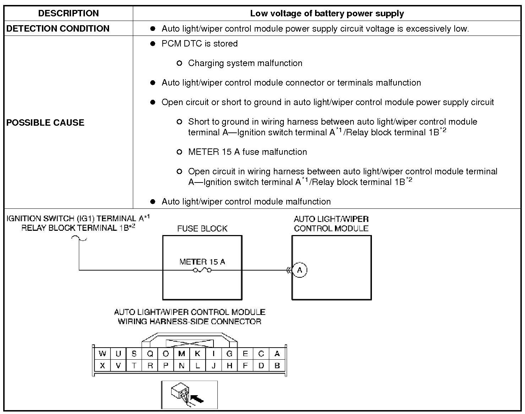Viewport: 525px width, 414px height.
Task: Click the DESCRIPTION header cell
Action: pos(68,13)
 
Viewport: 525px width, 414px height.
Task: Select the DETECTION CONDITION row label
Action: pos(58,29)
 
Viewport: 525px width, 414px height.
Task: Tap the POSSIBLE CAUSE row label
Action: pos(45,122)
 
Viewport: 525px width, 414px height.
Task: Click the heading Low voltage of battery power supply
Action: pos(327,13)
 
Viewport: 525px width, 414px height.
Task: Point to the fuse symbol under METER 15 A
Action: pos(202,270)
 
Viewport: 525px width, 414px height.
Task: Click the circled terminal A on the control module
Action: pos(299,270)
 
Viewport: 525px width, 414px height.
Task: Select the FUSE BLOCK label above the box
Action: pos(202,228)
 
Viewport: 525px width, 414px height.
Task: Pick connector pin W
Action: pos(102,354)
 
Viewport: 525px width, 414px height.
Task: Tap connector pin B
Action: pos(277,365)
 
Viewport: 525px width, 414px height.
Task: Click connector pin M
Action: pos(182,354)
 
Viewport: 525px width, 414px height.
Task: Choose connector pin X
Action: pos(102,365)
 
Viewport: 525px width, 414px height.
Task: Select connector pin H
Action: pos(229,365)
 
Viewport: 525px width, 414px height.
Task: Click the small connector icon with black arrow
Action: pos(189,395)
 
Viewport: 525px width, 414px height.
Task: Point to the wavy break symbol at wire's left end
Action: pos(79,238)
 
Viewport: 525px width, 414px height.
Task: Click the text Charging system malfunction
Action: pos(245,63)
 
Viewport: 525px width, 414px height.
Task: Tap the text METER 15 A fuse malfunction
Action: pos(248,152)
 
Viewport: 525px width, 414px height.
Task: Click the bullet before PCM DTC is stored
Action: pos(153,44)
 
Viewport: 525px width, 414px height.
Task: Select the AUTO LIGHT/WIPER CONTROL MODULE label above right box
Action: pos(331,224)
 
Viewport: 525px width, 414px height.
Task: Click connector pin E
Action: pos(245,354)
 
